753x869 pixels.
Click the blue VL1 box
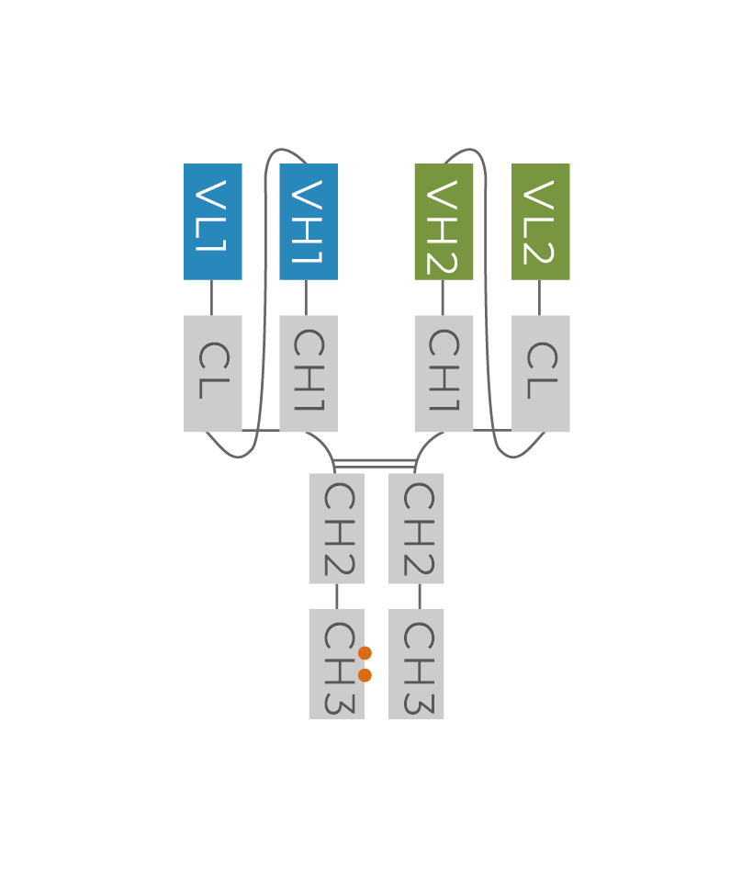point(213,221)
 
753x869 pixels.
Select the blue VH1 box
point(309,221)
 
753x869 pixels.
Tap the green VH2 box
point(444,221)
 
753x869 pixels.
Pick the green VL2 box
point(541,221)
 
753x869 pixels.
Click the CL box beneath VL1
point(213,373)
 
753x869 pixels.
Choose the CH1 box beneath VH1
point(309,373)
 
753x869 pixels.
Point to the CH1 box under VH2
point(444,373)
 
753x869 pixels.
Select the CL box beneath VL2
point(541,373)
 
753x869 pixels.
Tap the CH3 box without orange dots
point(416,664)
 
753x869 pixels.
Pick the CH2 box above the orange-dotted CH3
point(336,528)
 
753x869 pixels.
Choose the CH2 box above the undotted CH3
point(416,528)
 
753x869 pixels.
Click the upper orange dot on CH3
point(365,653)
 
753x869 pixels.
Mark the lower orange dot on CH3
point(365,675)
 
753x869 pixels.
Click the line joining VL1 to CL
point(212,298)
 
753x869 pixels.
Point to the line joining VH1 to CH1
point(307,298)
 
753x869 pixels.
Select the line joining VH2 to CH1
point(443,298)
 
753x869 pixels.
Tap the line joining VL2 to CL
point(539,298)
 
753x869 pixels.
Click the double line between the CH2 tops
point(375,462)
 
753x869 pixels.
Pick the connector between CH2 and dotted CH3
point(336,596)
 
